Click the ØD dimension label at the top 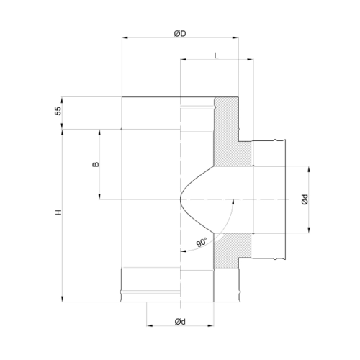coord(180,34)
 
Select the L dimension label coord(216,55)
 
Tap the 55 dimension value coord(58,111)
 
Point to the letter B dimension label coord(96,164)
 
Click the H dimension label coord(58,212)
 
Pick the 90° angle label coord(202,242)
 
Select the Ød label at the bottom coord(180,322)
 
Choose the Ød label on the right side coord(305,199)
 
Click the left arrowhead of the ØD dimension coord(125,37)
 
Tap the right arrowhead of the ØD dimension coord(235,37)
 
